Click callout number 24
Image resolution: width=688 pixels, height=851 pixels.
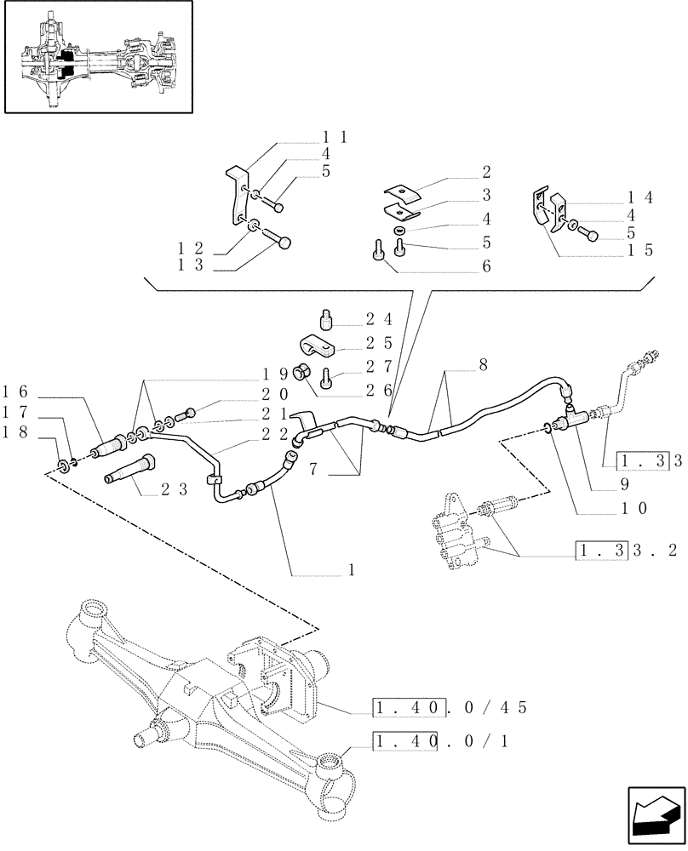(379, 320)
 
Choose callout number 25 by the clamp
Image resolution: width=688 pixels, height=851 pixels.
(379, 344)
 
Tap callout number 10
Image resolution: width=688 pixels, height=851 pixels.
(635, 509)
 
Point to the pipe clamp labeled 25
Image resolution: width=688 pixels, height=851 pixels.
(317, 347)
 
